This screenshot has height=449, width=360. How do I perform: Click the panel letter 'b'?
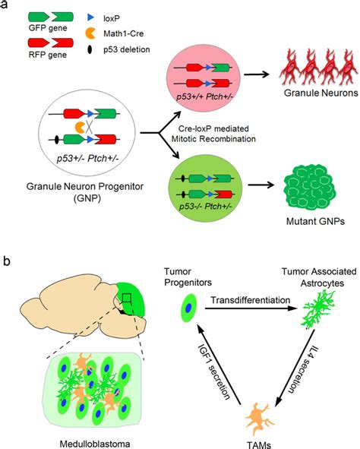(x=8, y=261)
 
